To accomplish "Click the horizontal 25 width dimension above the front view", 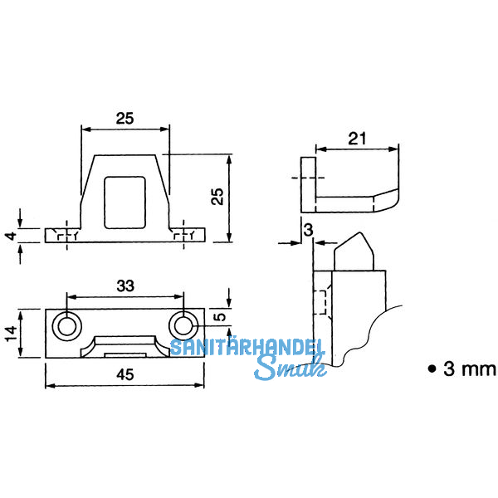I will point(124,118).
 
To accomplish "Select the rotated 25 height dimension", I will point(217,197).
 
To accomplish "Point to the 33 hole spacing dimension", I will point(124,286).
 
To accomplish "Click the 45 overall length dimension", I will point(124,375).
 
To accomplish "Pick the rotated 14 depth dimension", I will point(11,333).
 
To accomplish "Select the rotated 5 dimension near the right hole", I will point(217,316).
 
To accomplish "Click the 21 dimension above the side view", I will point(357,140).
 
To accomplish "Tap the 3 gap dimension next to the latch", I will point(309,230).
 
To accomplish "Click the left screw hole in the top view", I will point(66,325).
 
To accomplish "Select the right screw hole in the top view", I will point(183,325).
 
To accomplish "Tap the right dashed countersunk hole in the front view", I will point(183,236).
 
